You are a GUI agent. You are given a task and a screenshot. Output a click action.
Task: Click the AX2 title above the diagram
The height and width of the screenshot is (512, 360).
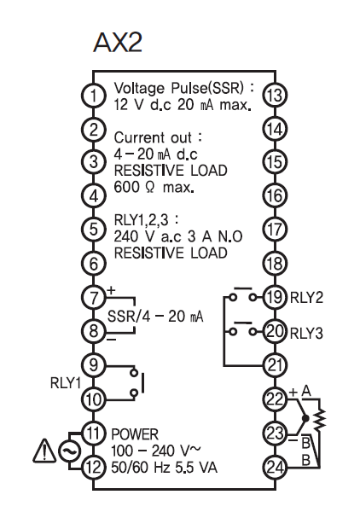point(118,42)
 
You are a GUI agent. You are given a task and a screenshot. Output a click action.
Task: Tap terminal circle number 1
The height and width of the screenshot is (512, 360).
point(94,96)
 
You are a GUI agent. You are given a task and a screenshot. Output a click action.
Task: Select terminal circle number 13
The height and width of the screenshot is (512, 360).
point(276,96)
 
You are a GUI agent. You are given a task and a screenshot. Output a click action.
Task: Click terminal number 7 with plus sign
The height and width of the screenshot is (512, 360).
point(94,298)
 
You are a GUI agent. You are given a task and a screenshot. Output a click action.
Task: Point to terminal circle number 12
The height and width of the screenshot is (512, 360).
point(94,468)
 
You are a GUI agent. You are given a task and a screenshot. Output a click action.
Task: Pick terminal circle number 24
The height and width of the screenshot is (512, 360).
point(276,468)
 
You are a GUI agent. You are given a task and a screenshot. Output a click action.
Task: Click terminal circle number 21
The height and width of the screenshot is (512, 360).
point(276,365)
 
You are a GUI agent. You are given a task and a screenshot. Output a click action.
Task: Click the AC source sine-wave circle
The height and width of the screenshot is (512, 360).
point(69,451)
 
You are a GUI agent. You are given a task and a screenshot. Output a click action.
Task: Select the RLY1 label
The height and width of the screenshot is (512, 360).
point(66,382)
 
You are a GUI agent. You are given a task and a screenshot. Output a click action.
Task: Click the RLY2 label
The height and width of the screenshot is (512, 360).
point(306,298)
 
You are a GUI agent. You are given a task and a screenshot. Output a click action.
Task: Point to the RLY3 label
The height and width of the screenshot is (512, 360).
point(306,334)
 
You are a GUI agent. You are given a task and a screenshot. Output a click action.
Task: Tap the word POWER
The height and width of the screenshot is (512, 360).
point(135,434)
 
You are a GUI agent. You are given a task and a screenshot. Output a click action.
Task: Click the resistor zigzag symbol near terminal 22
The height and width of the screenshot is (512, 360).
point(320,418)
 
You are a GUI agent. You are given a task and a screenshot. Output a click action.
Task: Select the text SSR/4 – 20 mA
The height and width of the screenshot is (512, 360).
point(155,316)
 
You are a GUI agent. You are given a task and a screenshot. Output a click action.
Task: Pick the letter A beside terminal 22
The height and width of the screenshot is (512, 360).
point(306,391)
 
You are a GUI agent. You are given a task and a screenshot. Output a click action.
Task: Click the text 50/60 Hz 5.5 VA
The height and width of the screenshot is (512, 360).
point(164,468)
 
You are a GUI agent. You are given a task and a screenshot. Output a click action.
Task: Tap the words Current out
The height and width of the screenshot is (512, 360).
point(153,137)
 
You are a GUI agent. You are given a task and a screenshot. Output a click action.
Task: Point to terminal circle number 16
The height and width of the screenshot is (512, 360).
point(276,196)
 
